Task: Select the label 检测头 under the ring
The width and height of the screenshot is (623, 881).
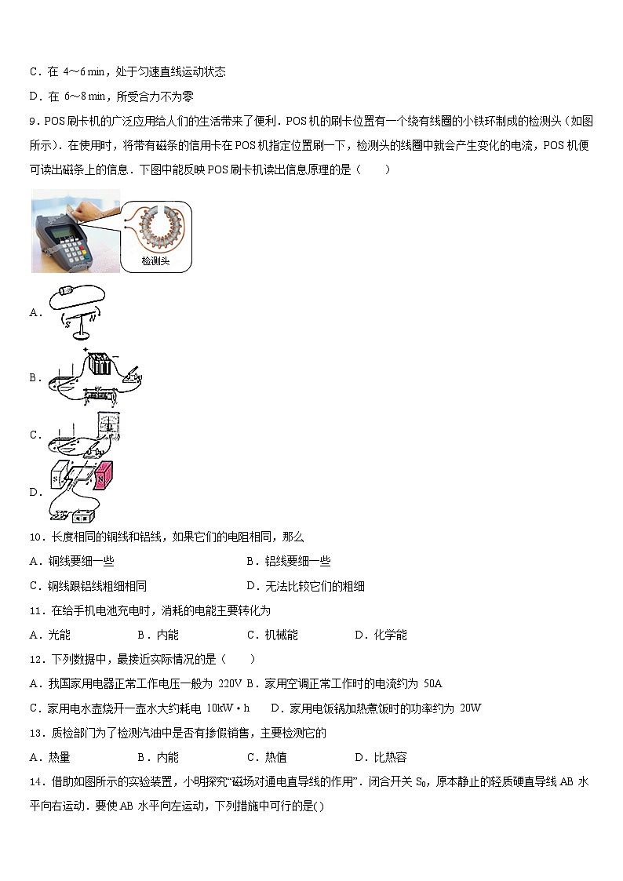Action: pos(155,261)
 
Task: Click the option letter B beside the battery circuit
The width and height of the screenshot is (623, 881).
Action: pos(34,377)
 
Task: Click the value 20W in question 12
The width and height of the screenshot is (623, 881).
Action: pos(470,708)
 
